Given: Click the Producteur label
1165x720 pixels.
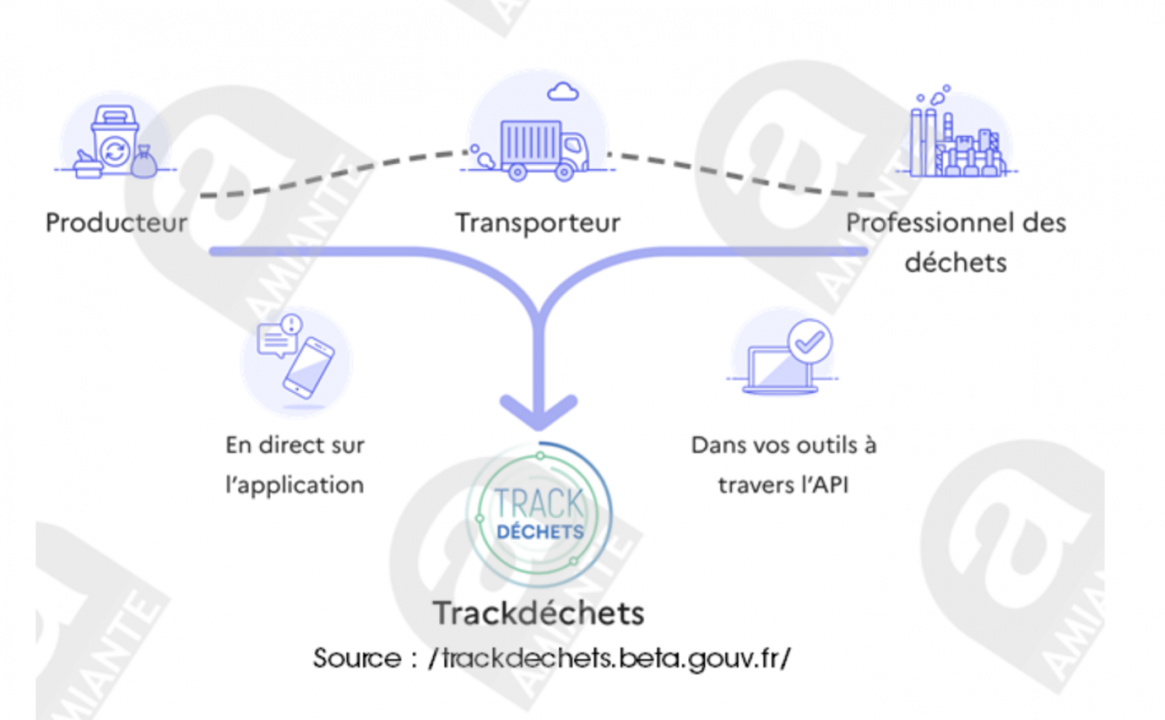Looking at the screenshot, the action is [x=116, y=222].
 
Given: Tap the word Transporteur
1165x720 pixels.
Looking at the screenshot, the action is [x=538, y=222].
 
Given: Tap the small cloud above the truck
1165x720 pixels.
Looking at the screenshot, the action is [x=563, y=92].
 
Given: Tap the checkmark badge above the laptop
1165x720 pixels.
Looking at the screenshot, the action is [x=809, y=341].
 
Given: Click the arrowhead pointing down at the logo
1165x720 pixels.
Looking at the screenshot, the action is [x=539, y=411].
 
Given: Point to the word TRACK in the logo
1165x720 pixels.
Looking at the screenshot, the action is [x=540, y=504].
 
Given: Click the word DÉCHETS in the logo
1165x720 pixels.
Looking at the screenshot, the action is [x=540, y=532].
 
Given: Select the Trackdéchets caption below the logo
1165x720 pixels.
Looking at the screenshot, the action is [x=539, y=613].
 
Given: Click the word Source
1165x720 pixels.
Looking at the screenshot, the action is [x=358, y=658].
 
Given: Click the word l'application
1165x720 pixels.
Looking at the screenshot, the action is [x=295, y=485].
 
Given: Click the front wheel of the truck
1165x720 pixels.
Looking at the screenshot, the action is [x=564, y=173].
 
